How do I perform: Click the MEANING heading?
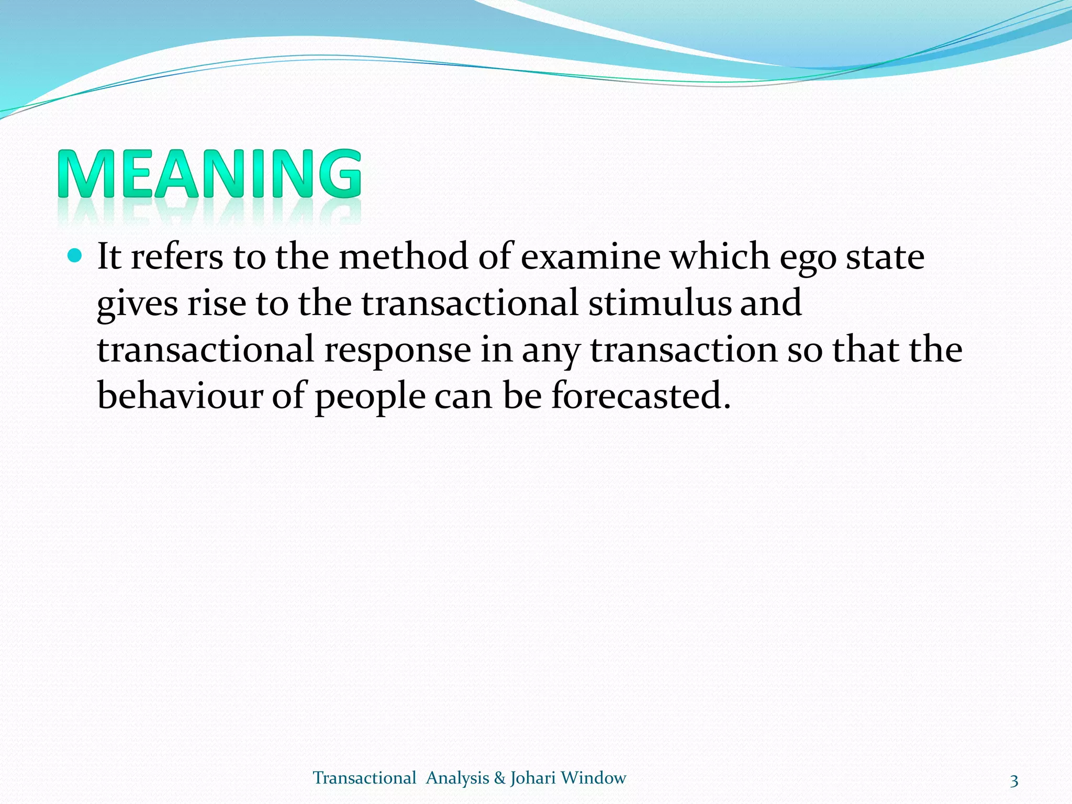pyautogui.click(x=209, y=174)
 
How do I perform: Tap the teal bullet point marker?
pyautogui.click(x=75, y=255)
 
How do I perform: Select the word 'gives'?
pyautogui.click(x=137, y=304)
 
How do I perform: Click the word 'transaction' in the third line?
pyautogui.click(x=684, y=350)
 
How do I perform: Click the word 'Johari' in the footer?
pyautogui.click(x=533, y=778)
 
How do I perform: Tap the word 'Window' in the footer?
pyautogui.click(x=593, y=778)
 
